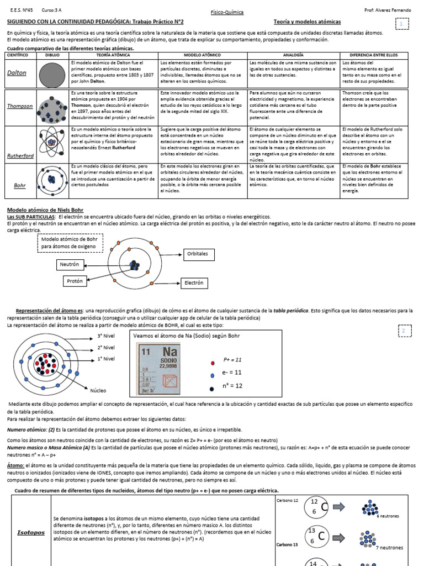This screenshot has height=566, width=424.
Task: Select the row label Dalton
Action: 17,73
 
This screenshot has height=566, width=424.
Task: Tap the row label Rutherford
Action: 19,156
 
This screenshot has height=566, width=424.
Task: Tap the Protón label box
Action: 75,281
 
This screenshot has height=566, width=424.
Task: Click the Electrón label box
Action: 194,283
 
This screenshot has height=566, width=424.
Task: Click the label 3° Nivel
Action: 106,336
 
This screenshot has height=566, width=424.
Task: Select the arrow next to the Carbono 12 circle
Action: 339,507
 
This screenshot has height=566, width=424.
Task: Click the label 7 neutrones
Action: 389,547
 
